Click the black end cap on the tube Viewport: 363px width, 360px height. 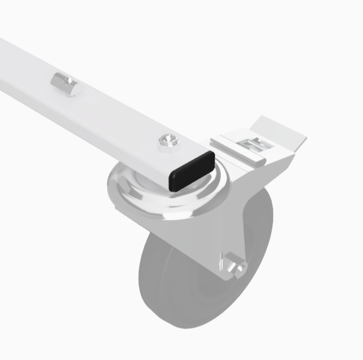[192, 171]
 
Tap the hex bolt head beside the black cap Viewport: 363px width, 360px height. [169, 141]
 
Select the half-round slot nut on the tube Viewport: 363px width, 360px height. [65, 84]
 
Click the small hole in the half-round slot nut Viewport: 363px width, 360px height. [67, 81]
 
